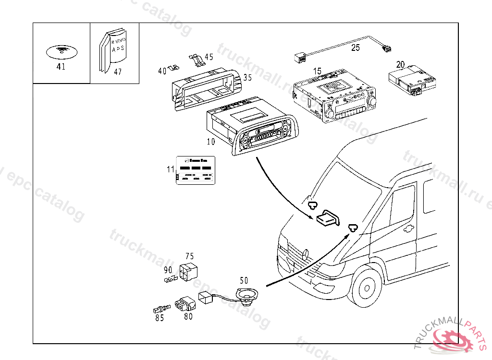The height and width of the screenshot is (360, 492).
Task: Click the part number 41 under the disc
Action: click(61, 67)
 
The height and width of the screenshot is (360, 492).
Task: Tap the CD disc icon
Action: click(61, 50)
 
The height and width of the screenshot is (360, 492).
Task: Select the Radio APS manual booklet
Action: click(113, 50)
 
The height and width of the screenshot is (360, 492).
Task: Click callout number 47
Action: click(118, 72)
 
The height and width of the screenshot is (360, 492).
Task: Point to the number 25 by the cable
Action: click(355, 48)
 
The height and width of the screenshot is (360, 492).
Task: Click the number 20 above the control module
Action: click(400, 64)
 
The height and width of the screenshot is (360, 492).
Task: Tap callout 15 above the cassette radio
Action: click(317, 72)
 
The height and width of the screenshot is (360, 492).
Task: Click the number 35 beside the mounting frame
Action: click(247, 77)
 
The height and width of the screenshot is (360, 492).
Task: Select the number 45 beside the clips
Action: click(209, 57)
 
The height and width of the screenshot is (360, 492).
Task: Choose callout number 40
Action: click(162, 71)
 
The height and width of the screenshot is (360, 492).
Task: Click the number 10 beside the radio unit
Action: click(211, 142)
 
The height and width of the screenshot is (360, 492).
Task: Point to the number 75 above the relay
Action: click(189, 256)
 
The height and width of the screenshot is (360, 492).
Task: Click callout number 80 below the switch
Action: click(188, 317)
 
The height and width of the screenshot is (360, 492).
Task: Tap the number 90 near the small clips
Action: click(168, 270)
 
